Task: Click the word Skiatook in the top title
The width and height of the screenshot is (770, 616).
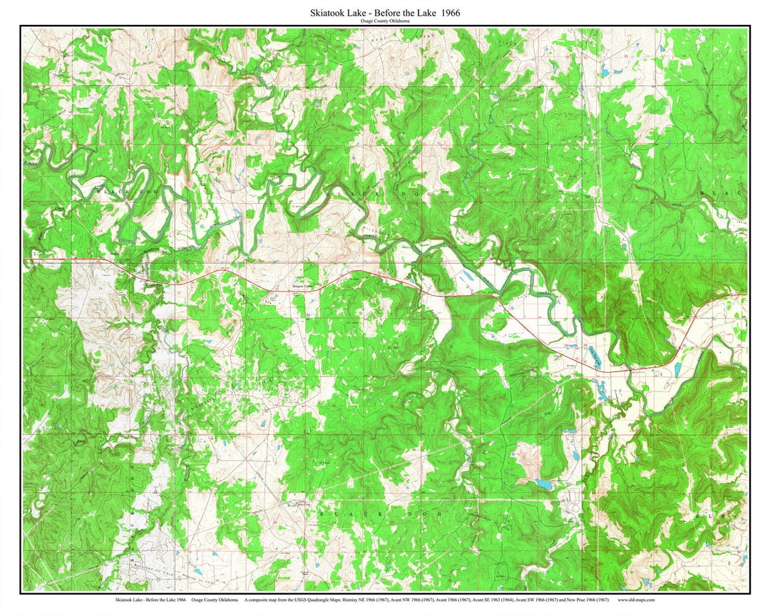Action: pyautogui.click(x=329, y=13)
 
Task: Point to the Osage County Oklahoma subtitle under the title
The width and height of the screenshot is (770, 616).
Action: pyautogui.click(x=385, y=22)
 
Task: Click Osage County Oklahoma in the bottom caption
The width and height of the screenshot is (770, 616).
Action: pyautogui.click(x=215, y=600)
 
